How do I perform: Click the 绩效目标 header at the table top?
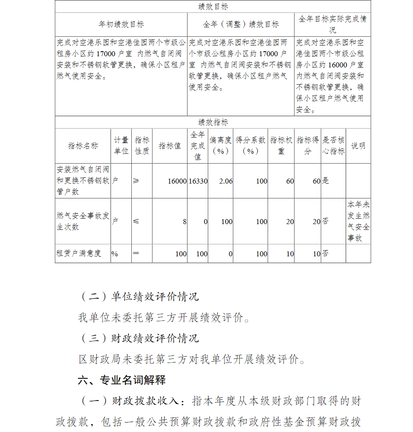pos(213,7)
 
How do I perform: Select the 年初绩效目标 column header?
pos(121,25)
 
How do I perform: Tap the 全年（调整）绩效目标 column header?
pos(241,25)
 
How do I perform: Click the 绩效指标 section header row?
pos(213,122)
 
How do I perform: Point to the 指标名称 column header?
pos(83,146)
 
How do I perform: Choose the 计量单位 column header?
pos(121,146)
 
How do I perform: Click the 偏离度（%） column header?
pos(221,146)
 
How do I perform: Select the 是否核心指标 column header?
pos(333,146)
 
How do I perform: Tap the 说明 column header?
pos(358,146)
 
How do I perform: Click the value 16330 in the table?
pos(198,181)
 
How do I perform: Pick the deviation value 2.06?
pos(226,181)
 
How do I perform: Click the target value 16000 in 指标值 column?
pos(177,181)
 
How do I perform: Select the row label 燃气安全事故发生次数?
pos(83,221)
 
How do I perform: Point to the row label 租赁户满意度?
pos(78,253)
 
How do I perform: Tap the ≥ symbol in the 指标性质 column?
pos(136,181)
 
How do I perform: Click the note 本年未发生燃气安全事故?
pos(358,221)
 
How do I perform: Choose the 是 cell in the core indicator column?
pos(325,181)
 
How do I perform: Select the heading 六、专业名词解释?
pos(122,380)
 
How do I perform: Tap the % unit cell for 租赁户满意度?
pos(114,254)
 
